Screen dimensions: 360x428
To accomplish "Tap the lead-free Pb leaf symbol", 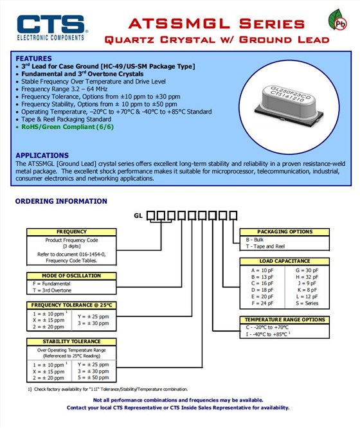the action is pos(337,20).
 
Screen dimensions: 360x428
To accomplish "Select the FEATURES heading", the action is pos(33,58).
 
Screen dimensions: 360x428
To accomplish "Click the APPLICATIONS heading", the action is pos(42,156).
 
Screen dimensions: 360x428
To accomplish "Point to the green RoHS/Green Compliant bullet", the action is pos(67,127).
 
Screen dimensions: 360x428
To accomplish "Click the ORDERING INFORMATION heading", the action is pos(61,201).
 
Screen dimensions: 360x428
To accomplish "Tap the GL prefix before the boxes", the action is pos(138,216).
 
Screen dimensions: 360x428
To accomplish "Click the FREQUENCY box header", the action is pos(71,232).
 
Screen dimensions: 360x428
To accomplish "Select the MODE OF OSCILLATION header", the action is pos(71,276).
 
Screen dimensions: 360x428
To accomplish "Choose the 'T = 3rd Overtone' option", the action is pos(52,290).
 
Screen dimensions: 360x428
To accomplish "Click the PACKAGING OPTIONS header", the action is pos(285,232).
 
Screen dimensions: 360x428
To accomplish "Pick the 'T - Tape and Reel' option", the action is pos(265,246).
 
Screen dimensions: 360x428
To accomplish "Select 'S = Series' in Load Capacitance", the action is pos(307,303).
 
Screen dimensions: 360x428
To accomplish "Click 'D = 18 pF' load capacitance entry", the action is pos(262,290).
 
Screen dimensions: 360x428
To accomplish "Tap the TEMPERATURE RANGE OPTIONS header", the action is pos(285,319).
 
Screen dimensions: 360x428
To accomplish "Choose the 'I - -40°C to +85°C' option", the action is pos(268,334).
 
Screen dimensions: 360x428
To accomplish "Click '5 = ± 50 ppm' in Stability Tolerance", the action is pos(93,378).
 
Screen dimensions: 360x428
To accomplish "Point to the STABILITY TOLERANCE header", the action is pos(71,341).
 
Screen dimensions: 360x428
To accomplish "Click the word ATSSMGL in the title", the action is pos(179,24).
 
